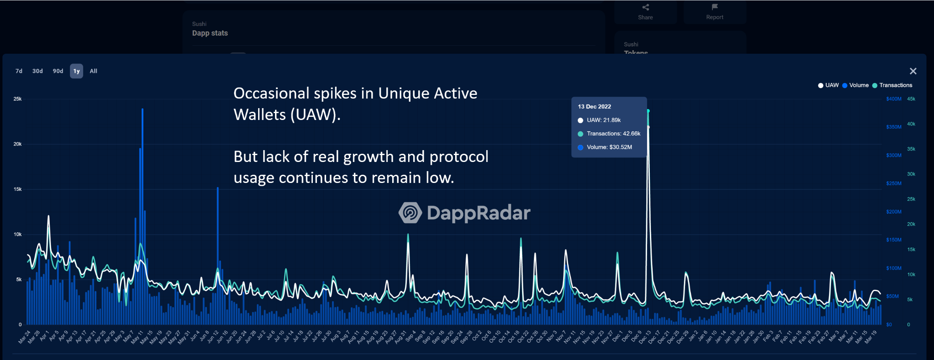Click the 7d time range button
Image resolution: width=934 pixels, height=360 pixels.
[19, 71]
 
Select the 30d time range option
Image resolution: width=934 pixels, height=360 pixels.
[37, 71]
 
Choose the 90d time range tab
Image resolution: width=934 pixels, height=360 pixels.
[58, 71]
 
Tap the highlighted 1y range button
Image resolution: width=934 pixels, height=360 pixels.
[77, 71]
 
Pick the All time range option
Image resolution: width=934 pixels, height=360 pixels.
[93, 71]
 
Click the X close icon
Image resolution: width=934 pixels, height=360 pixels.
[913, 71]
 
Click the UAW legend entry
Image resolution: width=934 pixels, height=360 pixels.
[829, 85]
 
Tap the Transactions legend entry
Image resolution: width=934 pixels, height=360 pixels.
[892, 85]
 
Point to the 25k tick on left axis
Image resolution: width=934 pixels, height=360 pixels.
[17, 99]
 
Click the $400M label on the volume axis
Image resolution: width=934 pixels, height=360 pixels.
[893, 99]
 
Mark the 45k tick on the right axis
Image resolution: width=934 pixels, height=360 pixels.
[911, 99]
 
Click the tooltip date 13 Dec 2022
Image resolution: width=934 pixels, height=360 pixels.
[594, 107]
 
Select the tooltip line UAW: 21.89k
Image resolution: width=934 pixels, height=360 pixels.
[603, 120]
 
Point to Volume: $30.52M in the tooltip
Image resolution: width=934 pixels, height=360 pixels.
[609, 147]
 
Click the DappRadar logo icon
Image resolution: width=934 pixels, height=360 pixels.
[410, 213]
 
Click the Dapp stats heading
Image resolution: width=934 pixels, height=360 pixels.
[210, 33]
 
